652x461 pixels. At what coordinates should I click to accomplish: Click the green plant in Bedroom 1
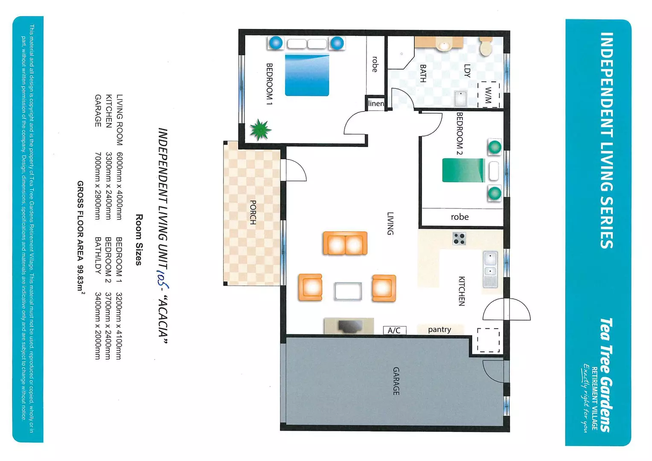260,129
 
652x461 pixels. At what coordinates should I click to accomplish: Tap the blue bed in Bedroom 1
307,75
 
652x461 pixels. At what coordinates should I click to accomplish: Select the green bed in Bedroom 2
463,170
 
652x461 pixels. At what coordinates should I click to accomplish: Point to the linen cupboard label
376,103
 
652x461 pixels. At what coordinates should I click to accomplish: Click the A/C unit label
394,330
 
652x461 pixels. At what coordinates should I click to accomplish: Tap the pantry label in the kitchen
439,330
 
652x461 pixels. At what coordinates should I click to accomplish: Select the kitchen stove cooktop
459,239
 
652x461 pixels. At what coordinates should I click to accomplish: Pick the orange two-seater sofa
345,243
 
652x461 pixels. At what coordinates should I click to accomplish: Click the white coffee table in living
348,292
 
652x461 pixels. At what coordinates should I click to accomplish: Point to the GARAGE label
396,381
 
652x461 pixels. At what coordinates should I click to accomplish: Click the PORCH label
253,212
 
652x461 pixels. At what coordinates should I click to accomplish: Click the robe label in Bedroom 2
460,217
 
